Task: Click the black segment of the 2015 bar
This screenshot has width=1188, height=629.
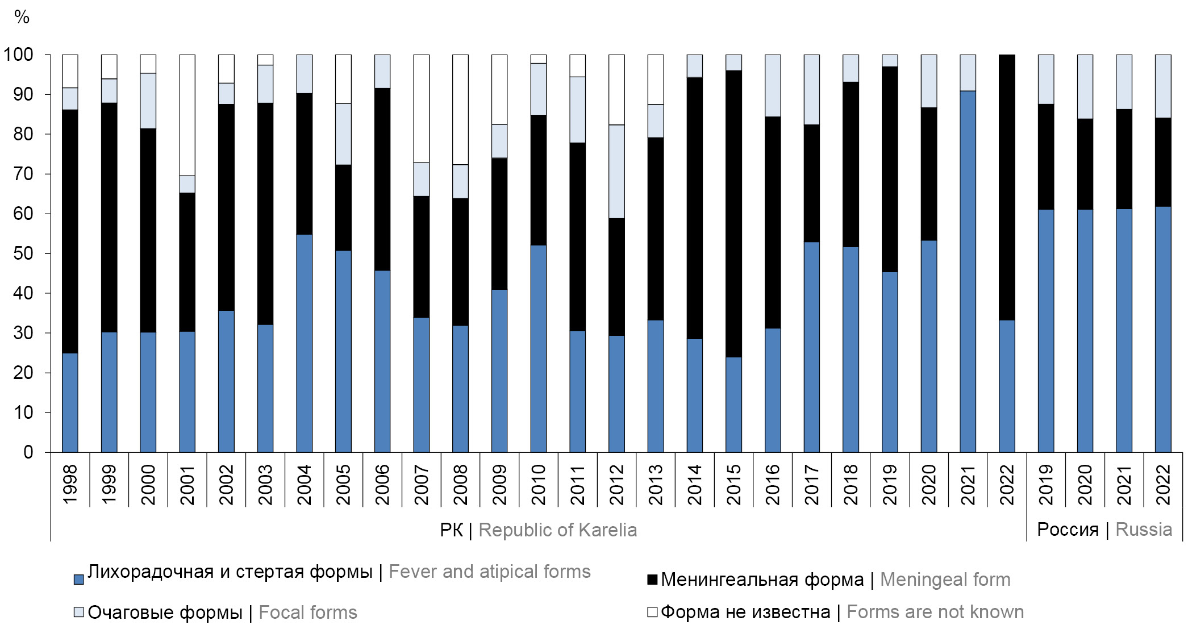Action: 733,214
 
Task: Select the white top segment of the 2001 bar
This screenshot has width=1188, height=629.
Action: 187,115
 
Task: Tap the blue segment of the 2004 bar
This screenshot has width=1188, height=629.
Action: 304,343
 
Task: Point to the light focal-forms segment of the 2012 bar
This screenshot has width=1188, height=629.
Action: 616,171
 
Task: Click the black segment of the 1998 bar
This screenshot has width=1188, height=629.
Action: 70,231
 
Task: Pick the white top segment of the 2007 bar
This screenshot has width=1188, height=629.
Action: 421,108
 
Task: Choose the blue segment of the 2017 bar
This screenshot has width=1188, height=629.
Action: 811,347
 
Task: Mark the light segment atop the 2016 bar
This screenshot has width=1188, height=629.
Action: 773,85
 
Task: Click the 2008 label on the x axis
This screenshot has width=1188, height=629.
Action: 460,485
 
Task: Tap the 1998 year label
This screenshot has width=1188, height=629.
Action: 70,485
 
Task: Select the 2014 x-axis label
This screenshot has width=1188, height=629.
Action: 694,485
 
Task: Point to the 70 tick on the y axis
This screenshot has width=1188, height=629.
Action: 23,174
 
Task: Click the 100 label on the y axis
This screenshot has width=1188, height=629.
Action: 19,55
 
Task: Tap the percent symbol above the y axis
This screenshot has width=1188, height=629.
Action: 22,17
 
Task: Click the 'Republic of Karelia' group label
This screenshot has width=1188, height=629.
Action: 557,530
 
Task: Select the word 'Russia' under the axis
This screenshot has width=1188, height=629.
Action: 1144,530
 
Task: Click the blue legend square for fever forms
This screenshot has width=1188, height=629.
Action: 79,579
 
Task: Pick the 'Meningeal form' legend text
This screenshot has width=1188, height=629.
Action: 945,580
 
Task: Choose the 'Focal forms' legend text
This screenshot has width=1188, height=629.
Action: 307,613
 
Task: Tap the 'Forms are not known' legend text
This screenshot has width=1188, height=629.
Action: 935,612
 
